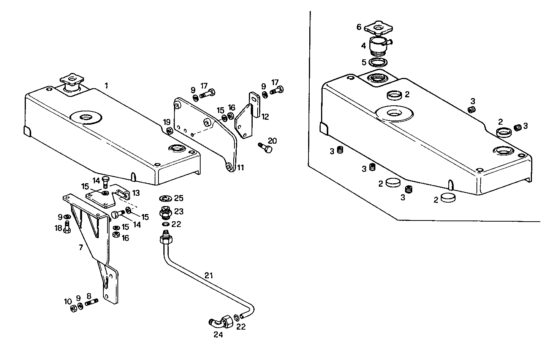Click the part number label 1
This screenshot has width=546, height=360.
click(106, 86)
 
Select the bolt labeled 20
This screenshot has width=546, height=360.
click(265, 148)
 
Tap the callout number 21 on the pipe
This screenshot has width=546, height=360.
click(209, 275)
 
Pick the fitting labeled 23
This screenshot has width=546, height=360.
click(165, 212)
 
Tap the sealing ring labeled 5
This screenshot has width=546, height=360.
click(378, 62)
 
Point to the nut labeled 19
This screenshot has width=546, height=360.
click(170, 131)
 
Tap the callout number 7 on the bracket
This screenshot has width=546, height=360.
click(81, 248)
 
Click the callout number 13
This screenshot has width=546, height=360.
click(136, 193)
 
